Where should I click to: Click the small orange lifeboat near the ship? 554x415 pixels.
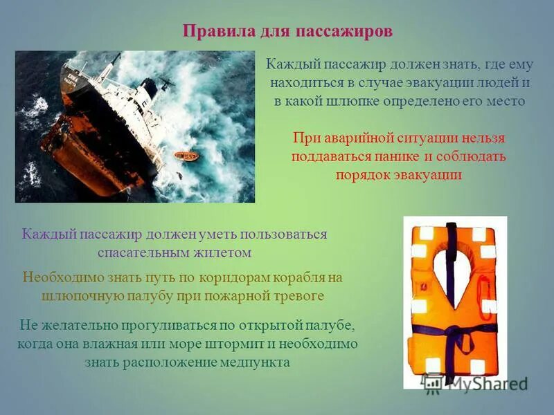(186, 156)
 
